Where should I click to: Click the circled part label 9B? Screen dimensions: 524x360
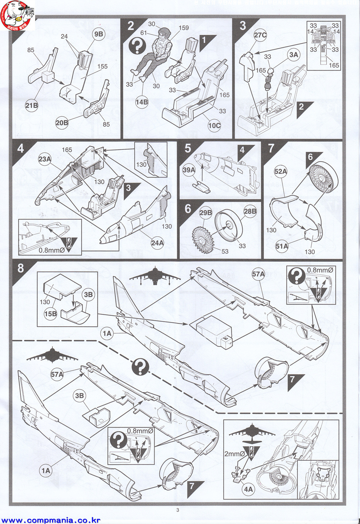(x=99, y=34)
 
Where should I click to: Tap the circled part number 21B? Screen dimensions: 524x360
(x=31, y=105)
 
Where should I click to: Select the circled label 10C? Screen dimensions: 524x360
(x=214, y=126)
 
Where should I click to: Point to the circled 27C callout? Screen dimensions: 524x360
(x=261, y=35)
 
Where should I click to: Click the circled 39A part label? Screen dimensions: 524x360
(x=189, y=170)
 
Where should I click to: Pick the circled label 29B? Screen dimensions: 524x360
(x=206, y=213)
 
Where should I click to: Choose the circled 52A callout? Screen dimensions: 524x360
(x=281, y=172)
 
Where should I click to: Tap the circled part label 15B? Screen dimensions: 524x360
(x=50, y=314)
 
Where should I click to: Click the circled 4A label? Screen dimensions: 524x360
(x=248, y=489)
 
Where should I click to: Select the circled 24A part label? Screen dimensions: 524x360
(x=157, y=243)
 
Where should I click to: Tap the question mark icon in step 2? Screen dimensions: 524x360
(x=137, y=46)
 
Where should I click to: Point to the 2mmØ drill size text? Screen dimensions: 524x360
(x=234, y=454)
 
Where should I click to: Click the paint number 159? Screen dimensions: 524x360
(x=184, y=28)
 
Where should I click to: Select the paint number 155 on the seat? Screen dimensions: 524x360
(x=102, y=66)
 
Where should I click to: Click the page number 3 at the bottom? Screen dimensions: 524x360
(x=178, y=510)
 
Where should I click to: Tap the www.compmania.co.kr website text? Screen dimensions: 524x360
(x=51, y=520)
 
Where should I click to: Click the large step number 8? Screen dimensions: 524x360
(x=21, y=268)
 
